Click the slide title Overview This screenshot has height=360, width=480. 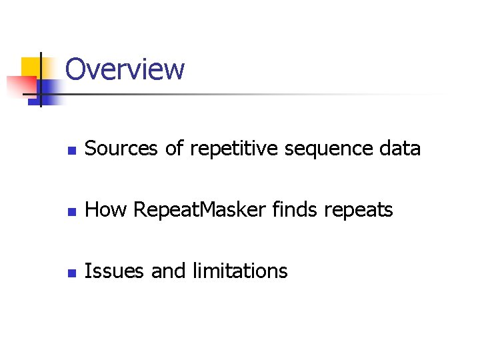pos(125,69)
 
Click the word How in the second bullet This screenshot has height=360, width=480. pos(107,210)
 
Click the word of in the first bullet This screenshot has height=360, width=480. pos(174,149)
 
